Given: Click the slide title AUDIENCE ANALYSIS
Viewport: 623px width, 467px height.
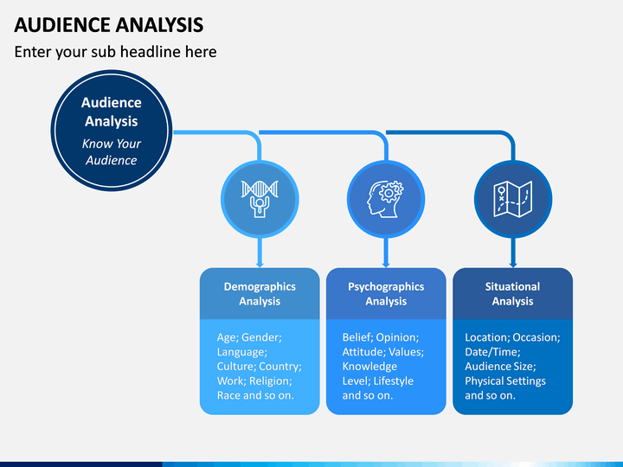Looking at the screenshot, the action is pos(109,24).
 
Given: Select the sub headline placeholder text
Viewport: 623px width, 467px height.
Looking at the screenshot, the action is pos(116,52).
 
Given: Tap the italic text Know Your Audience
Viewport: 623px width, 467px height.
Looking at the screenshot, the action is pos(112,151).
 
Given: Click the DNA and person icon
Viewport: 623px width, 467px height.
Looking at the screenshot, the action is pos(260,199).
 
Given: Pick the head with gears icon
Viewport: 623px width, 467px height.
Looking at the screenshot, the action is pos(385,199).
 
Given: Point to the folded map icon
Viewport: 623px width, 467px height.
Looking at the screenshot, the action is pos(512,199).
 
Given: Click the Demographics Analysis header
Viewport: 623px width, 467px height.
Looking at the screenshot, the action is pos(260,294).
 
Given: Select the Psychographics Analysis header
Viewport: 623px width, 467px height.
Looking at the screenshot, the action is pos(386,294).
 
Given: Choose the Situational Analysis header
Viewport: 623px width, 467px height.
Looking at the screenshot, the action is pos(512,294).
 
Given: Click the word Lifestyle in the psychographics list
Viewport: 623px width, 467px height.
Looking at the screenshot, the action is pos(394,381).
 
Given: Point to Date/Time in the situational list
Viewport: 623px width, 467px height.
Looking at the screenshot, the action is pos(492,352).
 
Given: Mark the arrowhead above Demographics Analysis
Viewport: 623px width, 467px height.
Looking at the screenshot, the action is pos(260,263).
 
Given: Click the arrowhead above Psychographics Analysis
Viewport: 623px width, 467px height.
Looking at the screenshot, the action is pos(386,263).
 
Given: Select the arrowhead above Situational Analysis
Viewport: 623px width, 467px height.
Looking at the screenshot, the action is pos(513,263).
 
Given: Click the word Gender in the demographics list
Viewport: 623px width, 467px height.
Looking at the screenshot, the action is pos(261,337).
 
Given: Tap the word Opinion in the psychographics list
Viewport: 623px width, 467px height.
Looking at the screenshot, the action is pos(397,337).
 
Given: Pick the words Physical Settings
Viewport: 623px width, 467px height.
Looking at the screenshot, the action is pos(505,381).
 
